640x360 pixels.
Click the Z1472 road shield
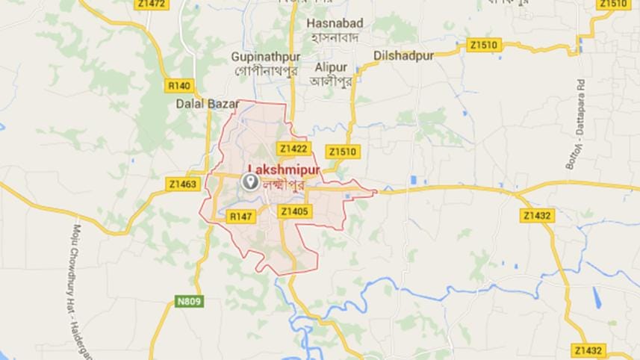click(x=152, y=4)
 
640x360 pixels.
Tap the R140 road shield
click(x=181, y=84)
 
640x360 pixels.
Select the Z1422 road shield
click(x=293, y=148)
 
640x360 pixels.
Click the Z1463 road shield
click(x=183, y=183)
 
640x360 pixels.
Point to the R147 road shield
click(x=241, y=216)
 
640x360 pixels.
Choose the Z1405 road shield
click(x=294, y=212)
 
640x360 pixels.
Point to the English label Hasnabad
click(x=334, y=23)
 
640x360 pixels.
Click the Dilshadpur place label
click(x=403, y=55)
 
